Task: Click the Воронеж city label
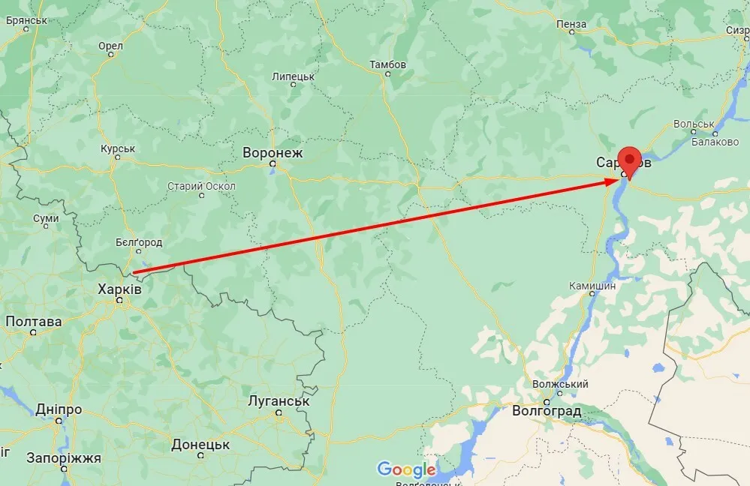273,153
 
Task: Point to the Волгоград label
546,411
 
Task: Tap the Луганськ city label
279,400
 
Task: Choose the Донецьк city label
200,444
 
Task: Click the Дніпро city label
59,409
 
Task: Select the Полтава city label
34,321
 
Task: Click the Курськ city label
118,148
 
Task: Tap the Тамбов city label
387,64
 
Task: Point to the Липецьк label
294,76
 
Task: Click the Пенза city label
571,24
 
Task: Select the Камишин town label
592,285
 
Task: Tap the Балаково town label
715,142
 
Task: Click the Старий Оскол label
201,186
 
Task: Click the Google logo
406,469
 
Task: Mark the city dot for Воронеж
273,163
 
